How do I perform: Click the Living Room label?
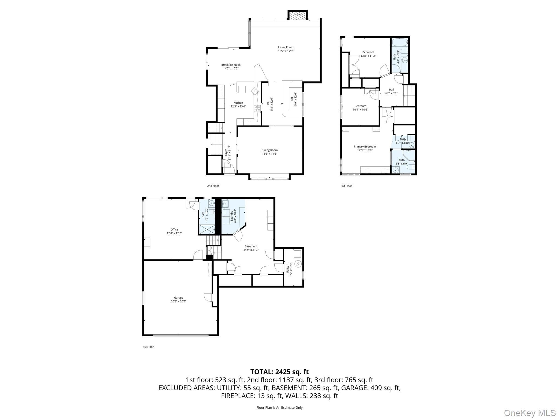pyautogui.click(x=286, y=47)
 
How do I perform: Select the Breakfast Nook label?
pyautogui.click(x=231, y=65)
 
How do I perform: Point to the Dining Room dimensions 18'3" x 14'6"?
pyautogui.click(x=269, y=154)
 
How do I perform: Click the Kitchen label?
pyautogui.click(x=238, y=103)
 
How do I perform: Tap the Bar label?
pyautogui.click(x=292, y=99)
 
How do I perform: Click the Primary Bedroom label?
pyautogui.click(x=365, y=147)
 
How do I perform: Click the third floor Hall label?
pyautogui.click(x=391, y=89)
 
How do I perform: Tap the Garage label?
pyautogui.click(x=179, y=298)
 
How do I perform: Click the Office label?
pyautogui.click(x=174, y=230)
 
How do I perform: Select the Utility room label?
pyautogui.click(x=287, y=270)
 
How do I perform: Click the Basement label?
pyautogui.click(x=251, y=246)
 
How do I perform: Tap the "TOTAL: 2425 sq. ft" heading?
pyautogui.click(x=279, y=372)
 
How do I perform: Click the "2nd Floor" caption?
pyautogui.click(x=213, y=186)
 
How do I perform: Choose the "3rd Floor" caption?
pyautogui.click(x=346, y=186)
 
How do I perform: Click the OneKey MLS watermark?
pyautogui.click(x=530, y=413)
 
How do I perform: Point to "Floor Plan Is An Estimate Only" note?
pyautogui.click(x=279, y=408)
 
